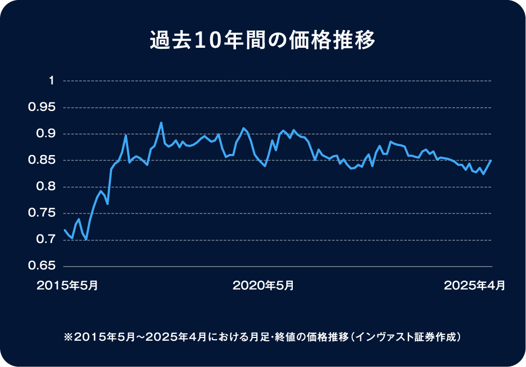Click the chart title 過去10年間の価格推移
coord(263,41)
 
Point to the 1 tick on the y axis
coord(51,81)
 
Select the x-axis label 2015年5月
coord(67,285)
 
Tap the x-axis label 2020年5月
coord(263,285)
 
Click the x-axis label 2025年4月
coord(474,285)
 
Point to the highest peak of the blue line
coord(161,123)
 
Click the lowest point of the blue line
coord(86,239)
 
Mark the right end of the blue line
coord(491,160)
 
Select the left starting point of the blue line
coord(64,230)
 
